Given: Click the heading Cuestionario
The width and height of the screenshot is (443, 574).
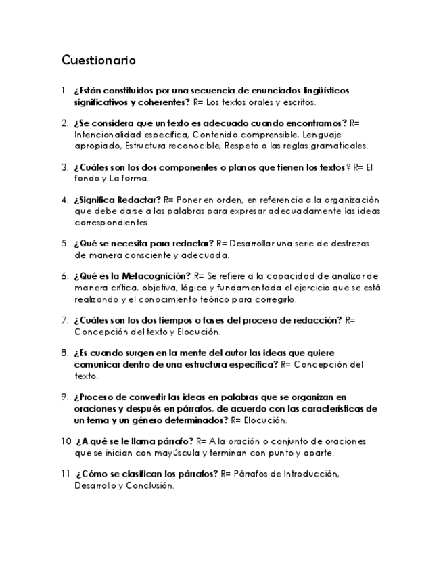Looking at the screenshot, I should (x=99, y=60).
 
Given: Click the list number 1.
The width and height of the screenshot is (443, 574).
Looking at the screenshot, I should (x=64, y=91).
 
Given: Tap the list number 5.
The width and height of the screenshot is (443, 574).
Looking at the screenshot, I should (x=64, y=244).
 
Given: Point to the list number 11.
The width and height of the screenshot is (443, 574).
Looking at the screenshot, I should (x=66, y=474).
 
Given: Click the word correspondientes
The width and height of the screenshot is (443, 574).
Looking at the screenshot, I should (x=112, y=222).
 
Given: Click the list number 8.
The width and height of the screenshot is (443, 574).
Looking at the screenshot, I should (x=64, y=353).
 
